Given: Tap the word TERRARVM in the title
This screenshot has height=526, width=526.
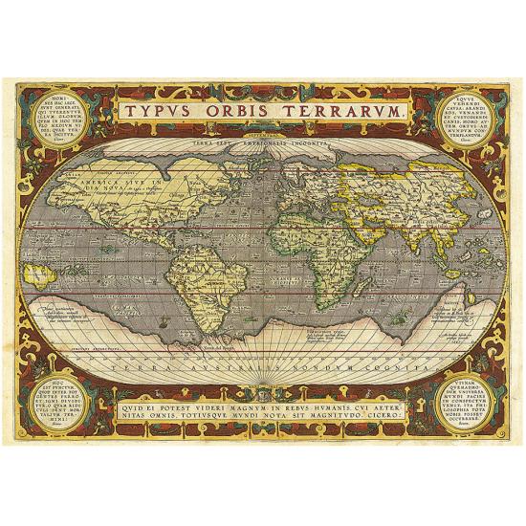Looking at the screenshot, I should click(x=345, y=112).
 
